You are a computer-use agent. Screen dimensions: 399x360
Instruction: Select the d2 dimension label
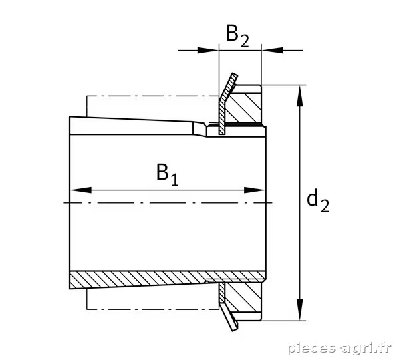318,202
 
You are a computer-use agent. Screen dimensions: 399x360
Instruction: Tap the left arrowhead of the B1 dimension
81,190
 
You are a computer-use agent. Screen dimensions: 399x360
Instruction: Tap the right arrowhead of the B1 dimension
255,190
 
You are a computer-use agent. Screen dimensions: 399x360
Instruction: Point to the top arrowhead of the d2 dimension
301,96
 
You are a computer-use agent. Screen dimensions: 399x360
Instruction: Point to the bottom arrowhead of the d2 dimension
301,309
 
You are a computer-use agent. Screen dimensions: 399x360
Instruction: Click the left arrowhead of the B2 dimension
208,50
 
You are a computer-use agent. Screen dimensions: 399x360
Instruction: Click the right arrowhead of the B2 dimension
272,50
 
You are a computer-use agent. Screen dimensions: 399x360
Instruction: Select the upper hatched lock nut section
244,108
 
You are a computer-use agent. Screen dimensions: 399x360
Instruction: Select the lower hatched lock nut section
243,297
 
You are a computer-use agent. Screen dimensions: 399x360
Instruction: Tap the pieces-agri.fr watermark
339,348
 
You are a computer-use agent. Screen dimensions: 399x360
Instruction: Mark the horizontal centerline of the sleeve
168,203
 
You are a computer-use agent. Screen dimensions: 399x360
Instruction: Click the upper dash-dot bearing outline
153,96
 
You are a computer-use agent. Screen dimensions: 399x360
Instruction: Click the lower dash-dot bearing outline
153,309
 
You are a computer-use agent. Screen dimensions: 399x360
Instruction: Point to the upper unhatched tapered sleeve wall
138,126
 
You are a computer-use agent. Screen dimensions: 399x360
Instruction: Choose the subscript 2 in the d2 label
325,206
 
